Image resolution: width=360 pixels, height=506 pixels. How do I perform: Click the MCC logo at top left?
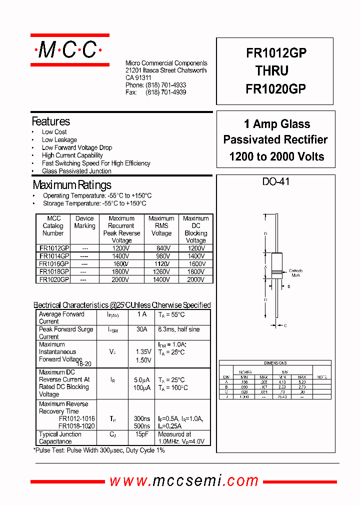69,50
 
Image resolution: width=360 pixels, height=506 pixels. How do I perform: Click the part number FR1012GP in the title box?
276,53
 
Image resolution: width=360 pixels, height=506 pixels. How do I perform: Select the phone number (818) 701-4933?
166,85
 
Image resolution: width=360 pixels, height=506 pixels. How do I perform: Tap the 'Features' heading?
51,121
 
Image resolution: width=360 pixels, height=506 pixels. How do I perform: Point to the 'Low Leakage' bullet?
59,140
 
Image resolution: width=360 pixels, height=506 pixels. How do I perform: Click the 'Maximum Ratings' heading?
72,185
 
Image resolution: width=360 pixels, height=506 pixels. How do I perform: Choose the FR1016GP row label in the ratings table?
54,263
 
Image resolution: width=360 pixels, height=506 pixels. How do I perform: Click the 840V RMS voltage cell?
161,248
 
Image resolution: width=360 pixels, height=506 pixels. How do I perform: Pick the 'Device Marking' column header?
84,222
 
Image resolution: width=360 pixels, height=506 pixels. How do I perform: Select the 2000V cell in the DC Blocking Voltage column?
196,280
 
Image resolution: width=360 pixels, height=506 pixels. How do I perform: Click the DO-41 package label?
276,182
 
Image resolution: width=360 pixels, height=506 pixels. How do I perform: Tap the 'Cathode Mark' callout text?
296,273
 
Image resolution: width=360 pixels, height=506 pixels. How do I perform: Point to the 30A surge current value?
142,329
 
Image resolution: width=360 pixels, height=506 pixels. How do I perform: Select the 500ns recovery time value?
142,426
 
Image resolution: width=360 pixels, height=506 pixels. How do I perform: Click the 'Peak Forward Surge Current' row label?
66,333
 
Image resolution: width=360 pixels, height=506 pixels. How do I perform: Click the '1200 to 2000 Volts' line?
276,156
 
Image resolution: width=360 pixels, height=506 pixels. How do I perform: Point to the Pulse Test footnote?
99,450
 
